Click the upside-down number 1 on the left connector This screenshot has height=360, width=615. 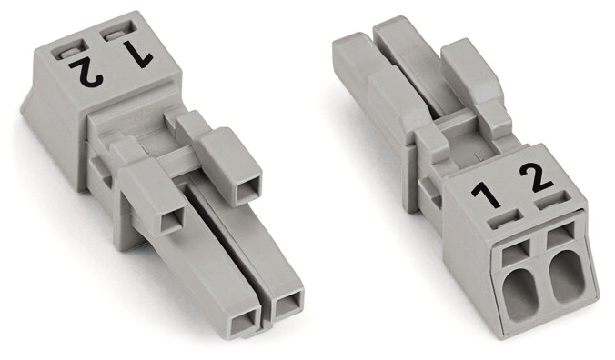[x=136, y=55]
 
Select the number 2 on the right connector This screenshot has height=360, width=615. [x=537, y=178]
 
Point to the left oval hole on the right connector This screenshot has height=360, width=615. [x=520, y=295]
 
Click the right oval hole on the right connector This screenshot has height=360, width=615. [x=566, y=276]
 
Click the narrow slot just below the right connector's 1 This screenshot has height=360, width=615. [x=506, y=218]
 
